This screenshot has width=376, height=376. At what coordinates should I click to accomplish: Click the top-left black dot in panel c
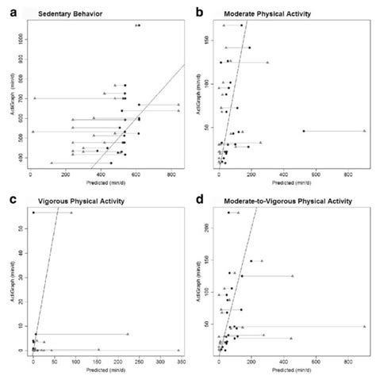click(x=33, y=213)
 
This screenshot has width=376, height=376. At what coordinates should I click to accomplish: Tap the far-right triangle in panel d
click(x=364, y=326)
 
